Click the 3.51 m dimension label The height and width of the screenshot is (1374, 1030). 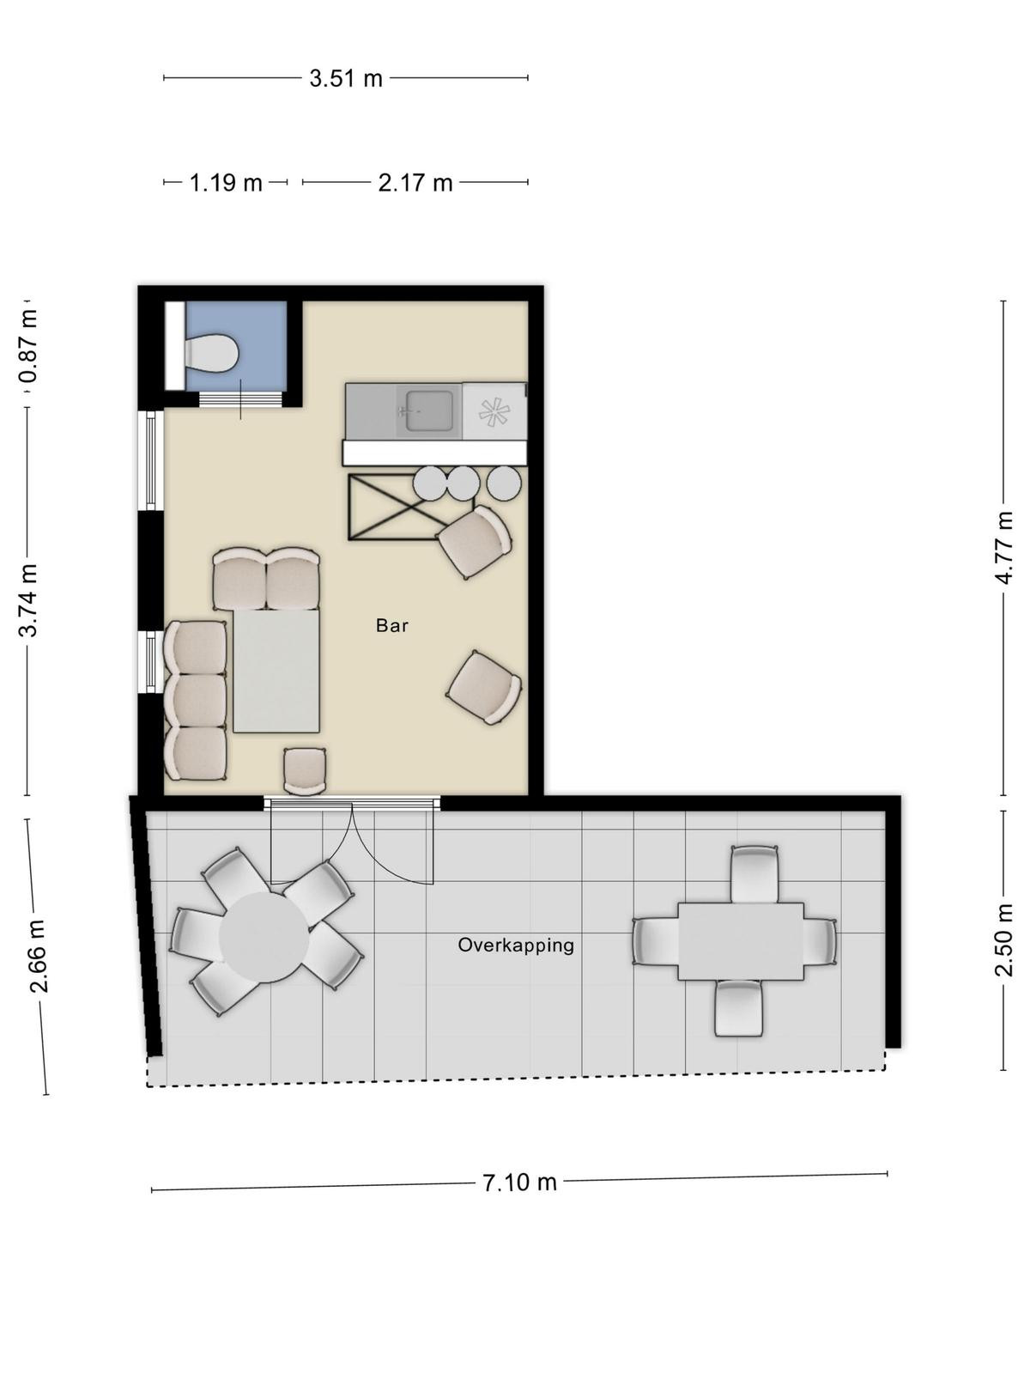click(x=345, y=78)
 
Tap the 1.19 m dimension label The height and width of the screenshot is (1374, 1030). click(x=225, y=183)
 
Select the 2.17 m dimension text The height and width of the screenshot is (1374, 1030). click(x=415, y=183)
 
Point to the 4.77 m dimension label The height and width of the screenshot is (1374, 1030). click(x=1003, y=548)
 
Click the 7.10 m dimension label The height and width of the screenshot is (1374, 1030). click(x=519, y=1182)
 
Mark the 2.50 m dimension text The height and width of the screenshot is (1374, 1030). click(x=1003, y=939)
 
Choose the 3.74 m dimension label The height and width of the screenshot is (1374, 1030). click(x=28, y=600)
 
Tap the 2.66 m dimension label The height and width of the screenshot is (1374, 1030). click(x=39, y=957)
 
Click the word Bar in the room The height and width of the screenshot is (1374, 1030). click(x=392, y=625)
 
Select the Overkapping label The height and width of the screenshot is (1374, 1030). click(x=516, y=945)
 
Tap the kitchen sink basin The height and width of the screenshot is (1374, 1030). click(x=429, y=410)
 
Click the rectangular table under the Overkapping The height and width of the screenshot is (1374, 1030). click(x=741, y=941)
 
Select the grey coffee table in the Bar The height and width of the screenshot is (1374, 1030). click(x=276, y=671)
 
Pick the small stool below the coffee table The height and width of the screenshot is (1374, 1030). click(x=305, y=770)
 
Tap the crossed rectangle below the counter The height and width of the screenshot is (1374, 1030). click(x=411, y=507)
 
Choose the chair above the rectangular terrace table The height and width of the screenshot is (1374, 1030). click(x=754, y=874)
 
